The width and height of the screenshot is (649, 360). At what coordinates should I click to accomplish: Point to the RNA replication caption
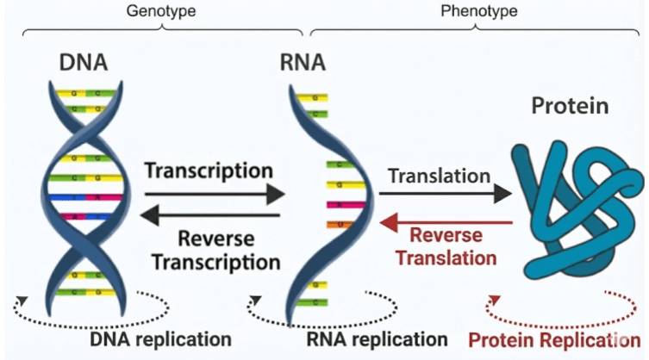pyautogui.click(x=377, y=338)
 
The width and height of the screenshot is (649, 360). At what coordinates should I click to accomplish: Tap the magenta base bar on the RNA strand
pyautogui.click(x=315, y=205)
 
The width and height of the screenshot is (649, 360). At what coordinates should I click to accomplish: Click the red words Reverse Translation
pyautogui.click(x=451, y=245)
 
